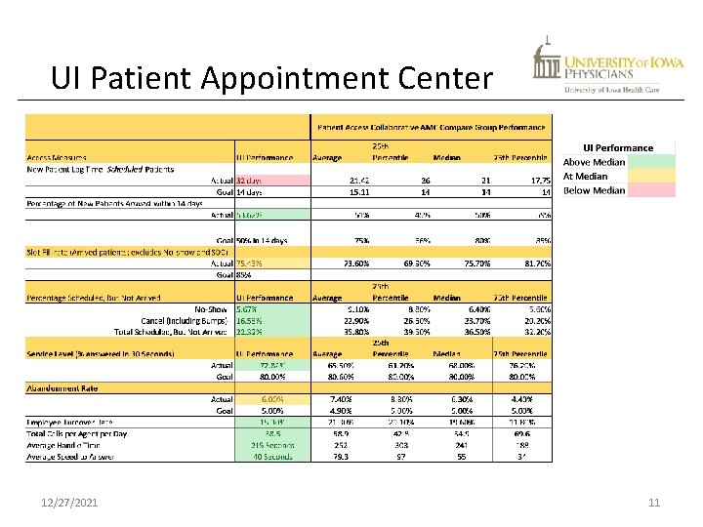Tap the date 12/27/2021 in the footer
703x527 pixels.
(69, 502)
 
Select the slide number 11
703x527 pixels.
(654, 502)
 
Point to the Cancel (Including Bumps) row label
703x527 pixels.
(184, 320)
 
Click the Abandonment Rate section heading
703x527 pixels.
(63, 387)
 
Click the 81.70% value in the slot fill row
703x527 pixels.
(530, 263)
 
